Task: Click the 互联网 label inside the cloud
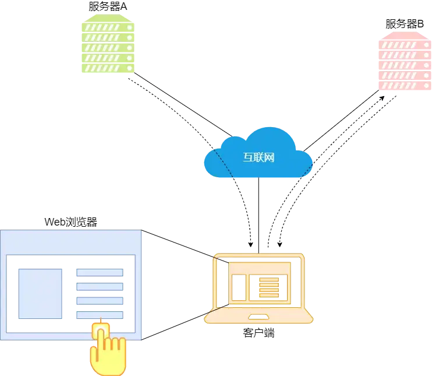click(x=259, y=157)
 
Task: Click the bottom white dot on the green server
click(x=129, y=68)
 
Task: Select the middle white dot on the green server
click(x=129, y=47)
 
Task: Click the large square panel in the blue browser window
click(x=40, y=293)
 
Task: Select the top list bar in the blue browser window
click(x=100, y=272)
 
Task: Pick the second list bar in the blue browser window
click(x=100, y=286)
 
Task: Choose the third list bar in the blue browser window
click(x=100, y=301)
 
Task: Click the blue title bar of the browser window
click(x=71, y=241)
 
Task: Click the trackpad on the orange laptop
click(x=259, y=317)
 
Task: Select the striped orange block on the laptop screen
click(x=268, y=287)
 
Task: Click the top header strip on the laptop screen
click(x=259, y=268)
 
